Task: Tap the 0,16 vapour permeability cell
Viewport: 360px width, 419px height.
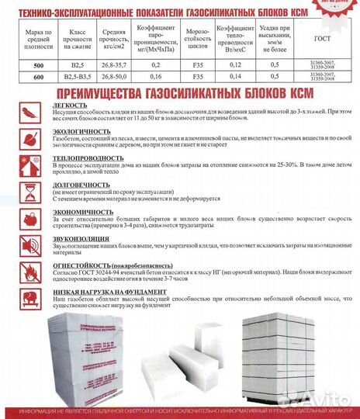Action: pyautogui.click(x=154, y=78)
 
